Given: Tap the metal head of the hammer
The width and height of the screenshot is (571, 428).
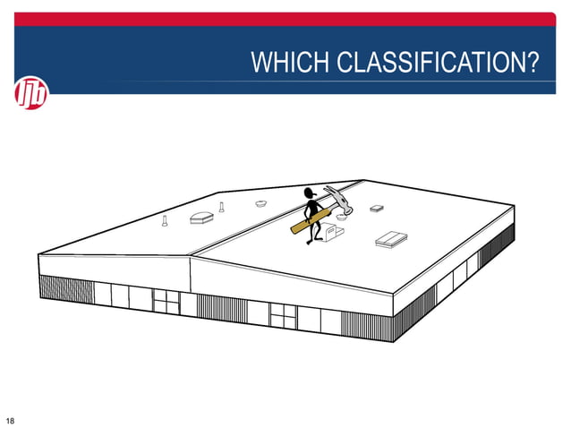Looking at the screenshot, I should [x=340, y=198].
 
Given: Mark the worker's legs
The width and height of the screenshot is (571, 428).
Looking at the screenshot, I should [x=313, y=232].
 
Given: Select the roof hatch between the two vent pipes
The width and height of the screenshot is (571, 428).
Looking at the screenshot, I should [x=200, y=218].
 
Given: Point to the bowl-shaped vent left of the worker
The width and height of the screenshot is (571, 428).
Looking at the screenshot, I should [x=261, y=204].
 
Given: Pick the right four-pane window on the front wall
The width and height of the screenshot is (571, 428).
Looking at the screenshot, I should [x=283, y=313].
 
